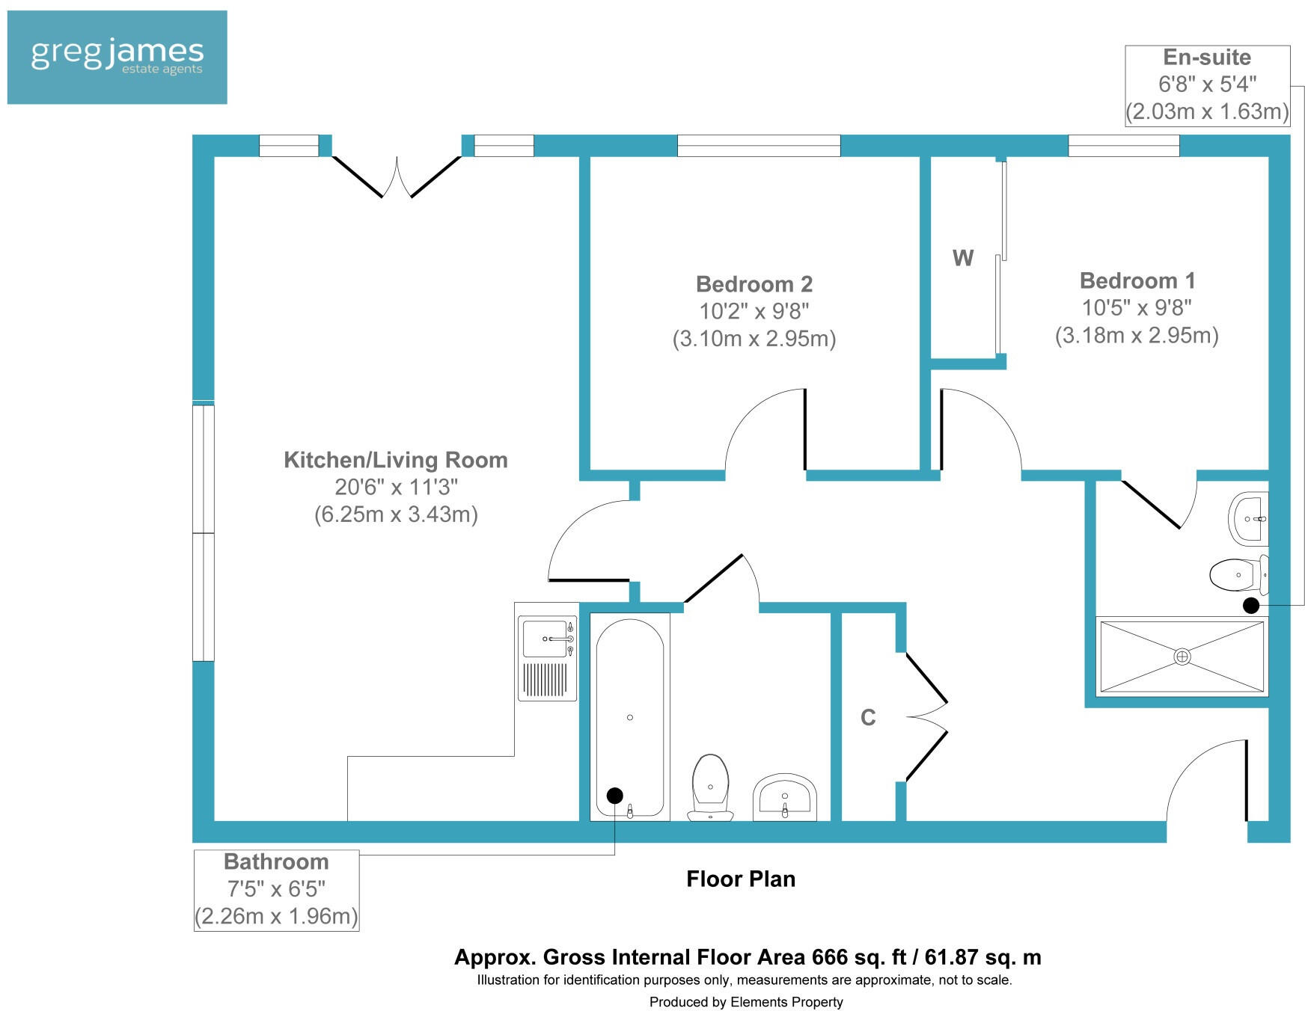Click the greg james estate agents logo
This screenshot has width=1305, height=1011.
point(117,57)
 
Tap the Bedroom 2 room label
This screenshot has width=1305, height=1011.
point(754,284)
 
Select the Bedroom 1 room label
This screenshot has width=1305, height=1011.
point(1137,281)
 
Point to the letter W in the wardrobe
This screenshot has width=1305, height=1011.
point(962,259)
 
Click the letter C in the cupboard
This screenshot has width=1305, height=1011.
point(867,718)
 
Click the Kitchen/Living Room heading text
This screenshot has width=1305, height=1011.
point(395,460)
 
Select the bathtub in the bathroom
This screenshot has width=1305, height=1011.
point(629,716)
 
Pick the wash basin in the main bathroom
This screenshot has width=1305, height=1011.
point(784,796)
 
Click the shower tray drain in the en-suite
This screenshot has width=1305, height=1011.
point(1182,657)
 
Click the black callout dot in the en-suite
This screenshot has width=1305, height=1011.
point(1250,606)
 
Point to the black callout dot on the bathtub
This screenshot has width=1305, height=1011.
point(614,796)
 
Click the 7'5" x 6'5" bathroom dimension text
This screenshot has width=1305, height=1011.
point(276,889)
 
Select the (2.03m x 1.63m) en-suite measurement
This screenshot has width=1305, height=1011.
point(1207,112)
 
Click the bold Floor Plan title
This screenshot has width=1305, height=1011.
point(740,879)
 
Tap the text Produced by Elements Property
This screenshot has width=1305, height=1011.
point(745,1002)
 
